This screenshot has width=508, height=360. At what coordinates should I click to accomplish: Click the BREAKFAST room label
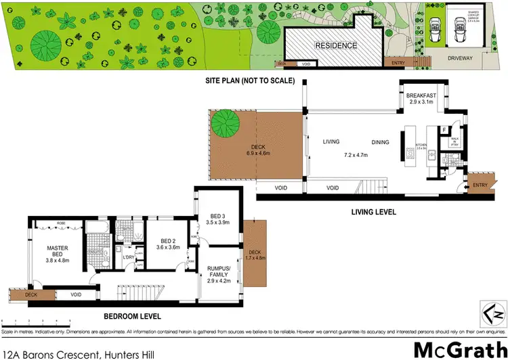421,96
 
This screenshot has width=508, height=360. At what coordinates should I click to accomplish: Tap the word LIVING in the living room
331,141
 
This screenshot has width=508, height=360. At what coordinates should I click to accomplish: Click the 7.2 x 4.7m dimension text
356,155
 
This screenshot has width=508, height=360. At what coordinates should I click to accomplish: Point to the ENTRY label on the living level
480,185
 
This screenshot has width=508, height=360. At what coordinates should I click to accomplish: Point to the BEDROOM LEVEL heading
131,315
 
